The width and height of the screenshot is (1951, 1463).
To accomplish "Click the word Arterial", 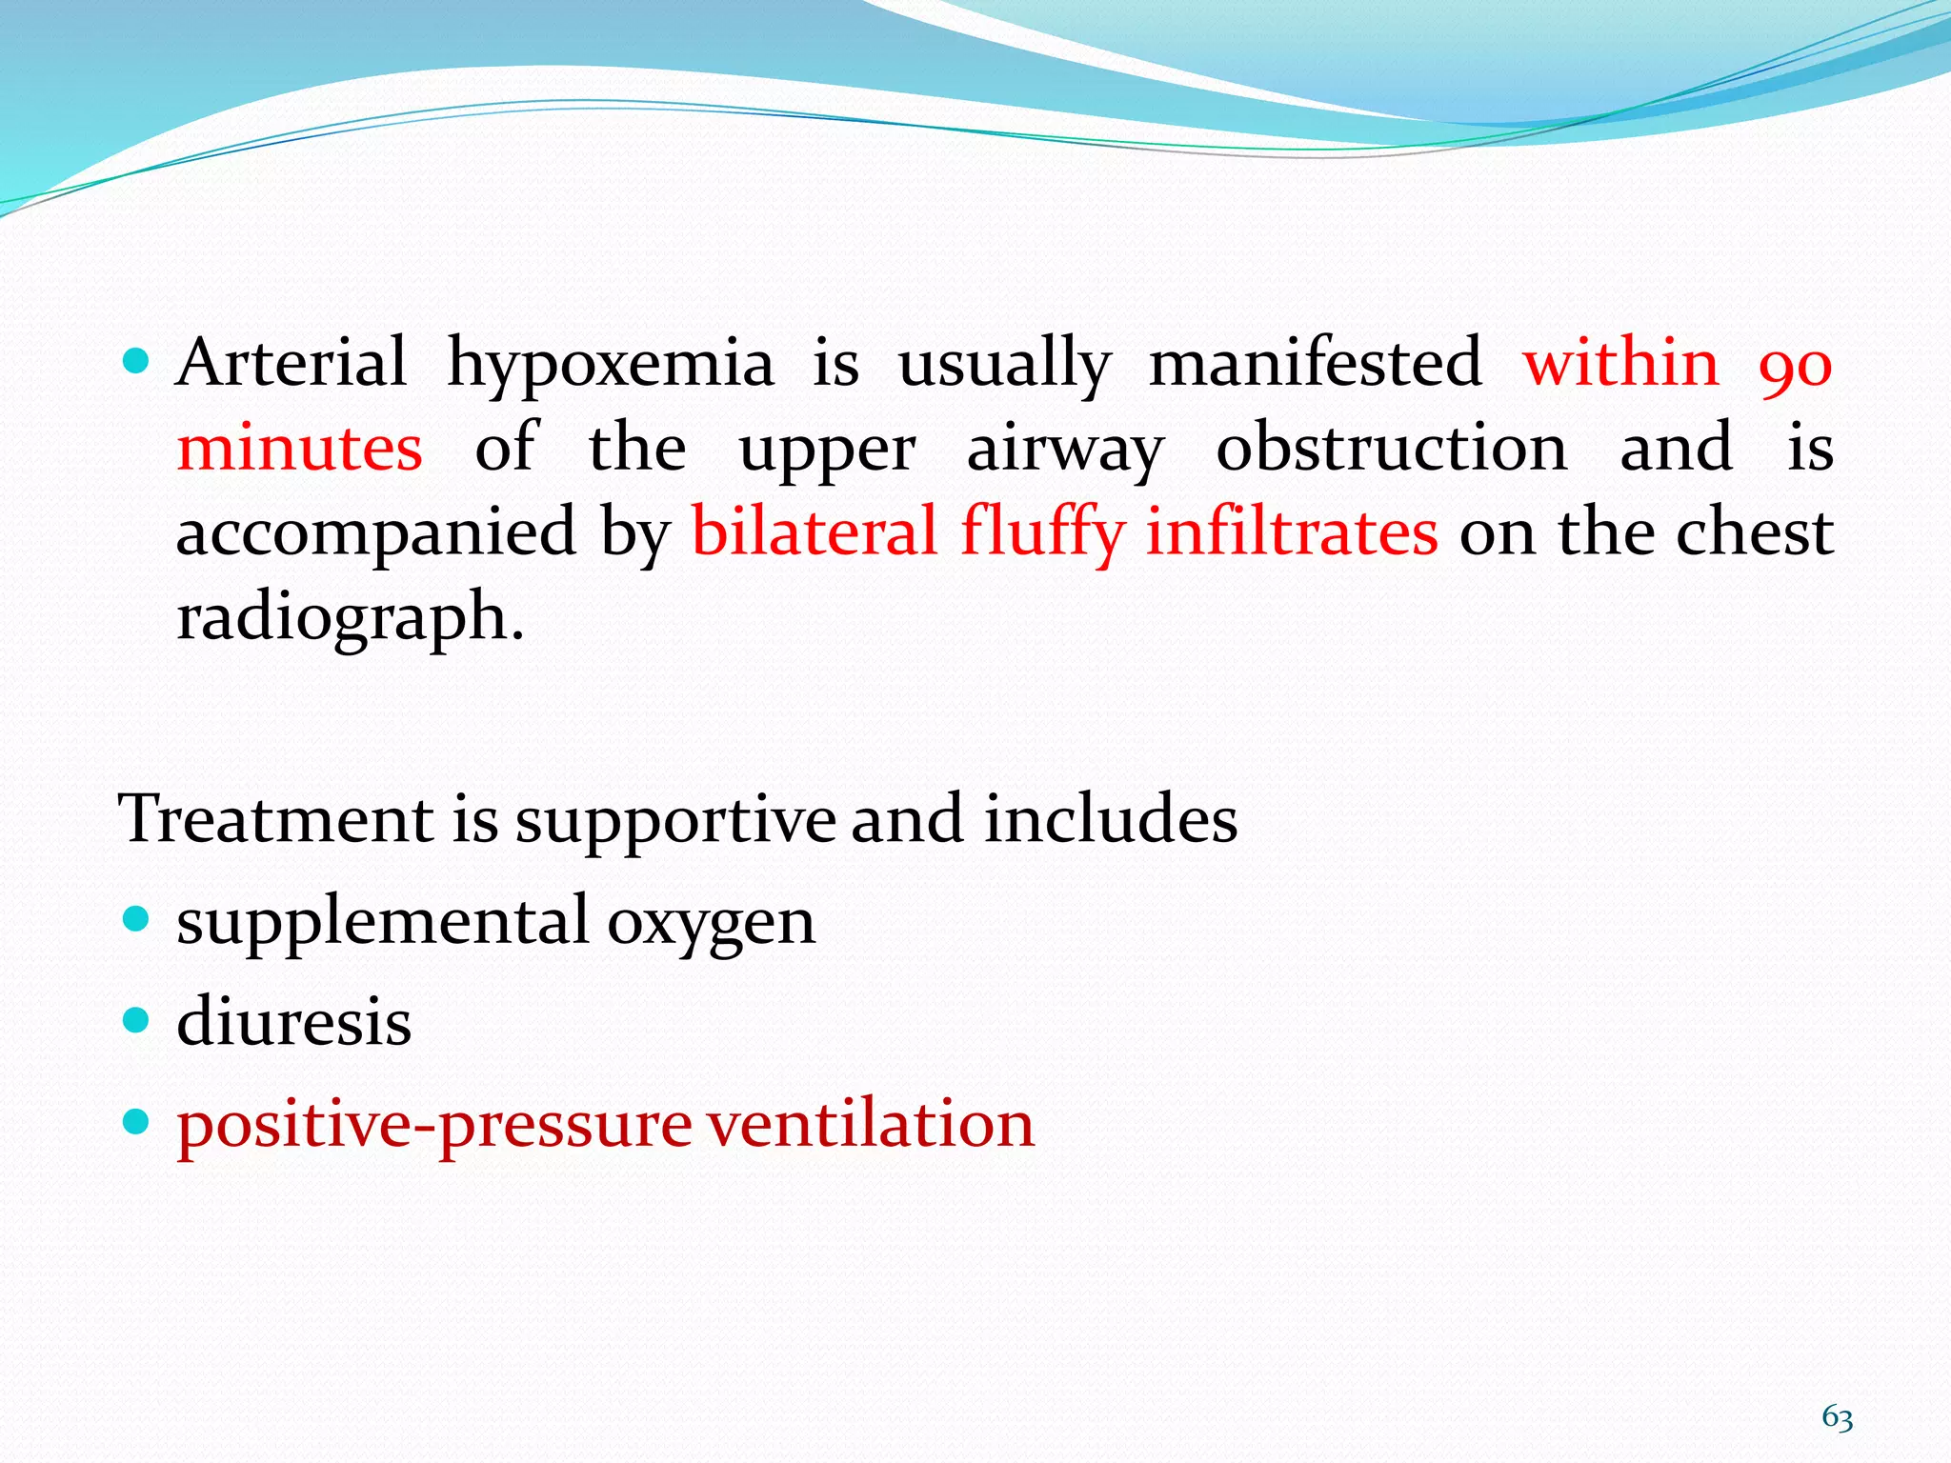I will click(x=292, y=363).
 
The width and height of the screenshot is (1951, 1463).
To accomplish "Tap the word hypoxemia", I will click(x=610, y=365).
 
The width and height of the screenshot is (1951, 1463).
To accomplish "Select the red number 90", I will click(x=1795, y=365).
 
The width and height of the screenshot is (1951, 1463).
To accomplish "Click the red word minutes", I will click(x=299, y=448).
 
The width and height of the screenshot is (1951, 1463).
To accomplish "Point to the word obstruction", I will click(x=1391, y=448).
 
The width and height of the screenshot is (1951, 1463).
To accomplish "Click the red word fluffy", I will click(x=1042, y=533).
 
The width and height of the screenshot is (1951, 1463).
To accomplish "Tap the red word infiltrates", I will click(x=1292, y=531).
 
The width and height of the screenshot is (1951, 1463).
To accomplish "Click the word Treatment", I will click(x=275, y=819).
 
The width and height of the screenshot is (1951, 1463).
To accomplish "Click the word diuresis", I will click(x=293, y=1022).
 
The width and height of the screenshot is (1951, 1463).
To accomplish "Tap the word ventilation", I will click(x=871, y=1124).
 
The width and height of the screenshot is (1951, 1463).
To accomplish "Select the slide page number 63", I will click(x=1837, y=1418).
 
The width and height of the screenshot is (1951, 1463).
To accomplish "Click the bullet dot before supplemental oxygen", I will click(x=137, y=919).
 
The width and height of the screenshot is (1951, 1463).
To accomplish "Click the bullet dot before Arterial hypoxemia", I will click(x=137, y=361).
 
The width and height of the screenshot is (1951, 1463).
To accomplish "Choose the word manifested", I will click(x=1315, y=363).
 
